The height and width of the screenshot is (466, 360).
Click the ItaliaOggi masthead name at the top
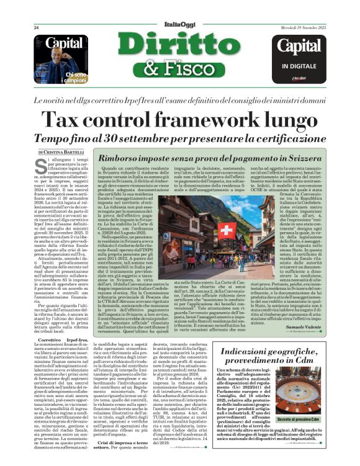[179, 24]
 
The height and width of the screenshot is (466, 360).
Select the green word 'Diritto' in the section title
[179, 46]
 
